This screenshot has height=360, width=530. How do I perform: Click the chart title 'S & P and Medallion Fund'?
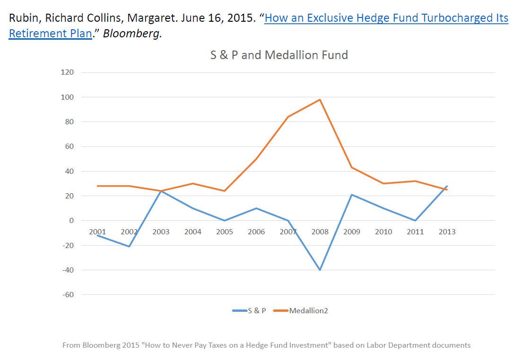(x=279, y=55)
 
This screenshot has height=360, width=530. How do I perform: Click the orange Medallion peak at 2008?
(x=320, y=100)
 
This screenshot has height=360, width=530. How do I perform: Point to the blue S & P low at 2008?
(x=320, y=270)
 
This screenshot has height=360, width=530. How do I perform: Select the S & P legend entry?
(x=250, y=311)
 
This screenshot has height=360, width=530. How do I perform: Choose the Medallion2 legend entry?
(x=301, y=311)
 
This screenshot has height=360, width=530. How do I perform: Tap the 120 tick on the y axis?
(x=67, y=72)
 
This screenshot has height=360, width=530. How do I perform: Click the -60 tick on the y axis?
(x=68, y=294)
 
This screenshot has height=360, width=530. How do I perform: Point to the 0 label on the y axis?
(x=71, y=221)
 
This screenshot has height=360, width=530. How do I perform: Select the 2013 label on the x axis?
(x=447, y=231)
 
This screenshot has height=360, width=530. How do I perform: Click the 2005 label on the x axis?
(x=225, y=231)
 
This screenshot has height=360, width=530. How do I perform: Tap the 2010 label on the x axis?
(x=383, y=231)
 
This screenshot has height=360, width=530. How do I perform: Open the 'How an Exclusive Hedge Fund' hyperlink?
(x=386, y=18)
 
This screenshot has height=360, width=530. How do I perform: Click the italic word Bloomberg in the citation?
(x=132, y=34)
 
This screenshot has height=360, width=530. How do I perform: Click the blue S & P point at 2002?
(x=129, y=247)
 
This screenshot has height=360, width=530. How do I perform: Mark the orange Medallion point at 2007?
(x=288, y=117)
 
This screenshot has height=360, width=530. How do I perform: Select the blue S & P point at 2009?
(x=352, y=195)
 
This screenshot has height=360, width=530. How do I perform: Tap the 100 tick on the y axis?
(x=67, y=97)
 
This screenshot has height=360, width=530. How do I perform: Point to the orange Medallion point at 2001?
(x=97, y=186)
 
